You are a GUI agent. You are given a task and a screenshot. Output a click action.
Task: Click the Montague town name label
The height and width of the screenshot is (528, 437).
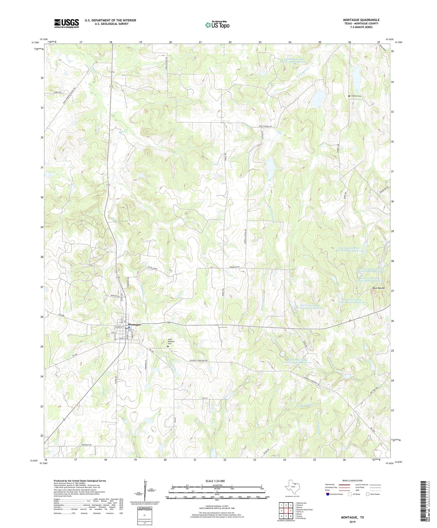[x=135, y=324]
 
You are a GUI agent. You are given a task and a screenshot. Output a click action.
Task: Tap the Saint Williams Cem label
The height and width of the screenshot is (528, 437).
[x=171, y=341]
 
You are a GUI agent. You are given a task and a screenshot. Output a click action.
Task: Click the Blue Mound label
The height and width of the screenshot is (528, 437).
[x=378, y=288]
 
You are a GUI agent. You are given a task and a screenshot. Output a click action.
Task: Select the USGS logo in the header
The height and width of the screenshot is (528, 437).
[x=67, y=23]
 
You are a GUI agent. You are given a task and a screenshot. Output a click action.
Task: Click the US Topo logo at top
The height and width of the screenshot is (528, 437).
[x=217, y=25]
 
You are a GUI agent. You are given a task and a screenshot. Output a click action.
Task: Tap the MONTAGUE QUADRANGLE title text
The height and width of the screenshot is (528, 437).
[x=361, y=20]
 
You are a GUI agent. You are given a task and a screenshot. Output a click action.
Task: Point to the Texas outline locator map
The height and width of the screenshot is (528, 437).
[x=292, y=487]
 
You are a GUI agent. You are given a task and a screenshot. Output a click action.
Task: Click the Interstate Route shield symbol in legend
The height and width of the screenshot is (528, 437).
[x=328, y=494]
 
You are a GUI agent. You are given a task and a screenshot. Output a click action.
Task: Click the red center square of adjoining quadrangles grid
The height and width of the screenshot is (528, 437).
[x=286, y=511]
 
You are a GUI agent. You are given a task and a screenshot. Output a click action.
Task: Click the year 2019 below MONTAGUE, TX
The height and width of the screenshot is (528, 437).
[x=353, y=522]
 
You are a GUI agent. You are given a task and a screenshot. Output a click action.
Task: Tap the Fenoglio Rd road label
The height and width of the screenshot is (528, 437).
[x=234, y=267]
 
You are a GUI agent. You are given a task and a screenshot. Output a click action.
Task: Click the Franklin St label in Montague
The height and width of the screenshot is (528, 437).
[x=119, y=327]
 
